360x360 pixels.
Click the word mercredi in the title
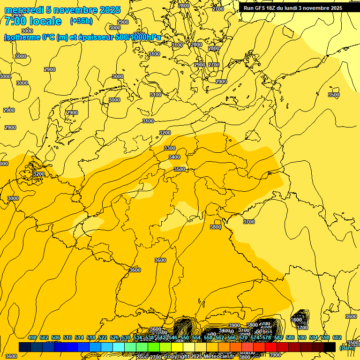pos(25,10)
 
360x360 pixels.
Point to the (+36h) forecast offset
pos(81,21)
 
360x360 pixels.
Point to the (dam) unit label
pos(347,347)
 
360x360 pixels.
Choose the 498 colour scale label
pos(32,338)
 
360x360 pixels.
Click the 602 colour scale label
pos(337,338)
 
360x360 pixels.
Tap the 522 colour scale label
pos(103,338)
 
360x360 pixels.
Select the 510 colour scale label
pos(67,338)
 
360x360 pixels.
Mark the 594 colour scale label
pos(314,338)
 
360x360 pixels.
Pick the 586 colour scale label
pos(290,338)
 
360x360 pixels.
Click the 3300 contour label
pos(170,148)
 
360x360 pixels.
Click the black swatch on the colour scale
pos(330,347)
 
